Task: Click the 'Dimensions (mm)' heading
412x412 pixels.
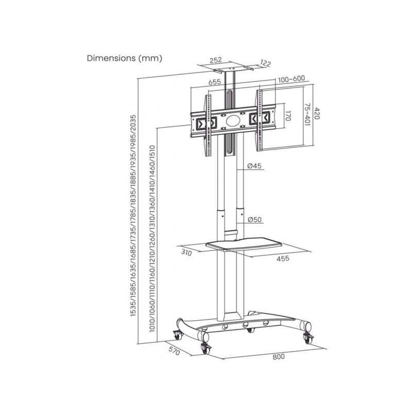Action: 124,58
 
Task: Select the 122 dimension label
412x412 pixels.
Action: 265,63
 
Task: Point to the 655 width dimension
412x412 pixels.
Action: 215,82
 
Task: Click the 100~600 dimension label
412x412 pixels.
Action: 291,79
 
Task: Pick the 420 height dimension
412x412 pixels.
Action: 317,113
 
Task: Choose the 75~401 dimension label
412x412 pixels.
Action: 307,114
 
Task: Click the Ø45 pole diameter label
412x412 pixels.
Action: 255,166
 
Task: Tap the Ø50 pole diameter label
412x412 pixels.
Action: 255,220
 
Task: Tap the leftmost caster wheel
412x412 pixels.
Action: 177,335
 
